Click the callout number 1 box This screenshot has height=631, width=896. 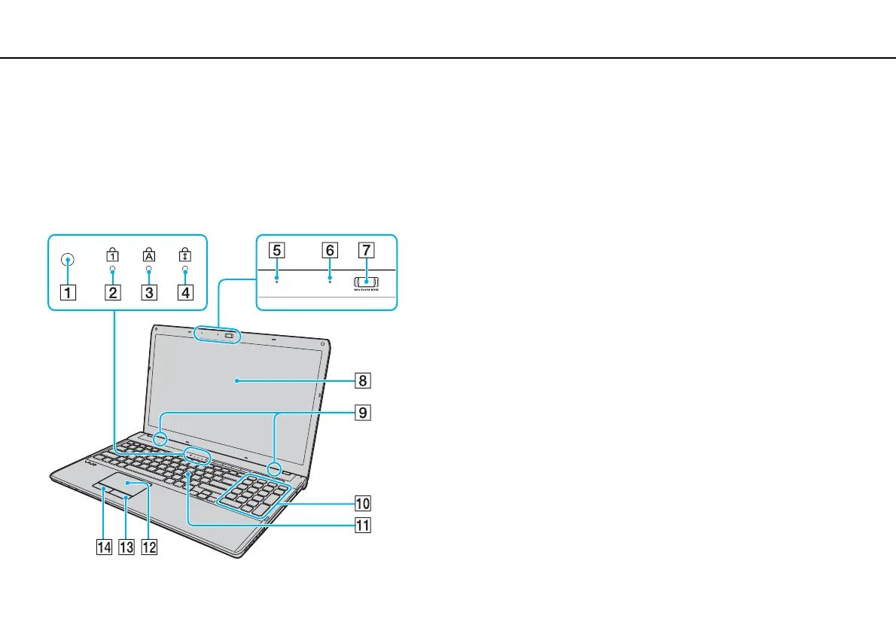(69, 294)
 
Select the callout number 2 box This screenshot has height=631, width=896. (112, 294)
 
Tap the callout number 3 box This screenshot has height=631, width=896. (149, 294)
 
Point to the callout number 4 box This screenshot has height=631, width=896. (184, 294)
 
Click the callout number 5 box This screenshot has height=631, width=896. (277, 249)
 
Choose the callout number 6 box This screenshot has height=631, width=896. (330, 249)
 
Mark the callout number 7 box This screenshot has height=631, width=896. (365, 249)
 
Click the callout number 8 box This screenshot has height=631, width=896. (363, 381)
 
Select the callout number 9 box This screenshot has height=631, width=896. (363, 413)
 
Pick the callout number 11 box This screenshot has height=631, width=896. (363, 525)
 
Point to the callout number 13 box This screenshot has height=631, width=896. (126, 548)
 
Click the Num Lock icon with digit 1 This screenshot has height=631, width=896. (112, 256)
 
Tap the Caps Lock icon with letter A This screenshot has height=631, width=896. (149, 256)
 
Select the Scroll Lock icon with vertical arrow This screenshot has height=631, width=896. (184, 256)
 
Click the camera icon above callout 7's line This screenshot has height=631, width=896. (365, 282)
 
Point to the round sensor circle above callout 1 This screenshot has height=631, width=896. (69, 260)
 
